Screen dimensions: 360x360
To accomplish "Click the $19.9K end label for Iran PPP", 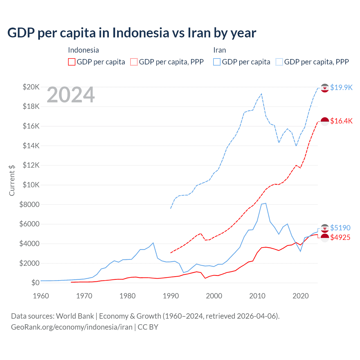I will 341,87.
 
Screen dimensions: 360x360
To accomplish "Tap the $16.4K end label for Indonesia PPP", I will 341,121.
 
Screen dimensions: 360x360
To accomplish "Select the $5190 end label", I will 340,228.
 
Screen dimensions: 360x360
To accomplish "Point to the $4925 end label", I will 340,237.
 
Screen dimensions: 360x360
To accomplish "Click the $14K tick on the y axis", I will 31,146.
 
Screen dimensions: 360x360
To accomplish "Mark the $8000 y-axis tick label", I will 29,204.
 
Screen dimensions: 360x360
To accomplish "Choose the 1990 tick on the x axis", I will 171,296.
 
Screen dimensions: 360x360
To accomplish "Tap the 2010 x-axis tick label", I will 257,296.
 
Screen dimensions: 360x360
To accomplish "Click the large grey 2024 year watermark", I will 71,95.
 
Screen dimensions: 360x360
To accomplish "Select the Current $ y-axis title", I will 12,180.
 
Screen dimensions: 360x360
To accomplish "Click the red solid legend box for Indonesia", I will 72,62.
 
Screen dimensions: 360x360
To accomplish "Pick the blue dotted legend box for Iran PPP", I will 279,62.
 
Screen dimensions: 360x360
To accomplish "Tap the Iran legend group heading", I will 219,50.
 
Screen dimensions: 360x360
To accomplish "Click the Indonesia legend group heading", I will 83,50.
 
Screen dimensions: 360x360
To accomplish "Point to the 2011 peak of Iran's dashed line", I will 262,94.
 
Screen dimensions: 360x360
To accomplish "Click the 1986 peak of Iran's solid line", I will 153,243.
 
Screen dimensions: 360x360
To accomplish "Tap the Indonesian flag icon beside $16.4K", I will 325,121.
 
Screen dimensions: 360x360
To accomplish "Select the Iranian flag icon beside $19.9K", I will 325,88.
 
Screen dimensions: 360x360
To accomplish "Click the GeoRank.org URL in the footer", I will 72,327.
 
